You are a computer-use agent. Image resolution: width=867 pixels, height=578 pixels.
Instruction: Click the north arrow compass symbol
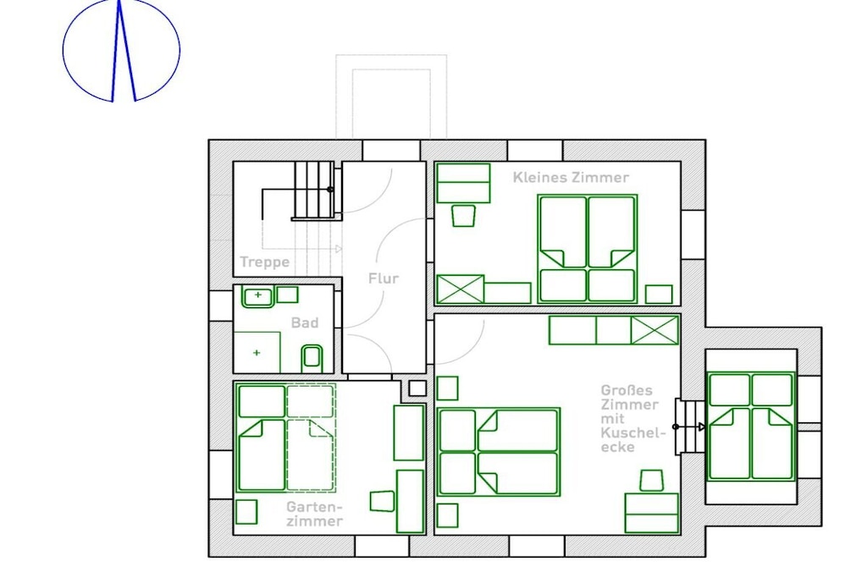pos(121,51)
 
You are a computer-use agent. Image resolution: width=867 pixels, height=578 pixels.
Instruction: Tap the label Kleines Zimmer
pos(571,178)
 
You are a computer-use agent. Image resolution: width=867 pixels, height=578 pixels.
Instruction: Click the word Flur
pos(384,278)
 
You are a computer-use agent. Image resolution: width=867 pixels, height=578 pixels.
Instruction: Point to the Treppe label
pos(264,262)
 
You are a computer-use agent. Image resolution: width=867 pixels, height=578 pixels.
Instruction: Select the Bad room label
pos(305,322)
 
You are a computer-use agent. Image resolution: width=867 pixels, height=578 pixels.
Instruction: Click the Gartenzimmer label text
pos(315,514)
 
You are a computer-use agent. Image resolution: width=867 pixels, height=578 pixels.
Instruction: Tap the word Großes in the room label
pos(627,390)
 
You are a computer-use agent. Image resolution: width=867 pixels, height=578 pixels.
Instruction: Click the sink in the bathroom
pos(257,297)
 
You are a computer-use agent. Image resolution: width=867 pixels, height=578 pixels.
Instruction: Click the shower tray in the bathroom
pos(257,353)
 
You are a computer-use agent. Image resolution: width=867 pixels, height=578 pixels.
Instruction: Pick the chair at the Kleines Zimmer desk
pos(463,216)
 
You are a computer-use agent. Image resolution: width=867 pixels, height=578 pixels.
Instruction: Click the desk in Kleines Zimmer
pos(463,184)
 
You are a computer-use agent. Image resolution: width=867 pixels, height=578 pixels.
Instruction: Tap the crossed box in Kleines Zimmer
pos(460,289)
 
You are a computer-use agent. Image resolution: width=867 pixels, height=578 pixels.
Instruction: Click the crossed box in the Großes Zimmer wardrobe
pos(654,330)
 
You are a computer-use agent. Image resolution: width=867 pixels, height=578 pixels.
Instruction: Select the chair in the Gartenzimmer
pos(382,501)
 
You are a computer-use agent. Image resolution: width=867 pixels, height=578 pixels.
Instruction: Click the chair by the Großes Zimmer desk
pos(651,481)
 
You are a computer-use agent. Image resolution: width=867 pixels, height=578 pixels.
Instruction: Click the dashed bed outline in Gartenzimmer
pos(311,438)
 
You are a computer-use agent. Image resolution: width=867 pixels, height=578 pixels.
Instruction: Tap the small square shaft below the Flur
pos(417,388)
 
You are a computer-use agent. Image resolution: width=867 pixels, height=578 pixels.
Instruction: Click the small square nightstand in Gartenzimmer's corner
pos(246,512)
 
